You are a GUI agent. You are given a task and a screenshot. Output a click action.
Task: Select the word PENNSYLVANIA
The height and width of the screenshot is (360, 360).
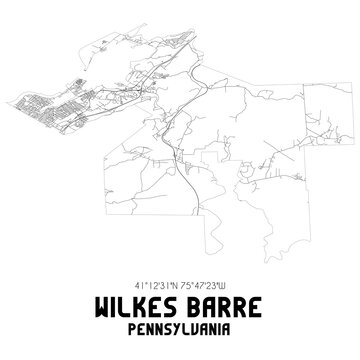[180, 325]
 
